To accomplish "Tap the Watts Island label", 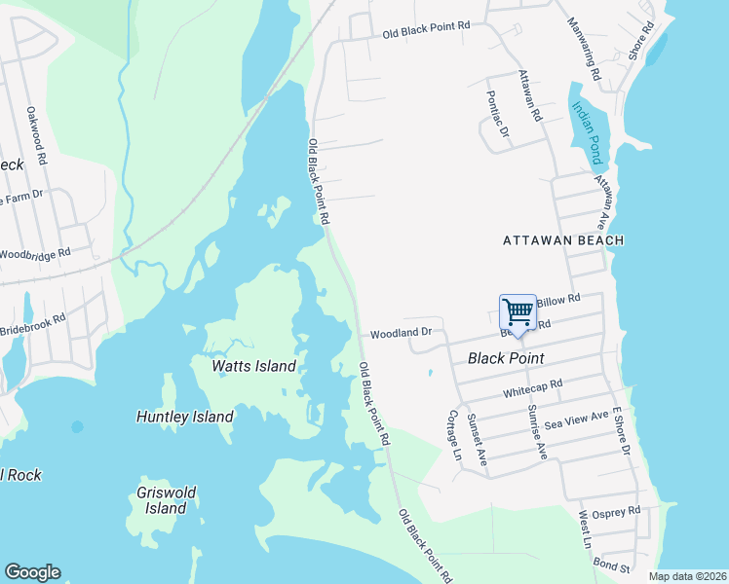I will [253, 366].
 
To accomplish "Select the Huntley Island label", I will [184, 417].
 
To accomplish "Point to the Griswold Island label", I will [162, 500].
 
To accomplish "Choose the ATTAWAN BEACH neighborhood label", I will [563, 239].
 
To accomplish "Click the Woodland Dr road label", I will [401, 334].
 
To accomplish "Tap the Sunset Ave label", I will [477, 438].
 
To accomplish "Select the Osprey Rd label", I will [621, 510].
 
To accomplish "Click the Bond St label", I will [611, 566].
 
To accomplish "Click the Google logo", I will [32, 572].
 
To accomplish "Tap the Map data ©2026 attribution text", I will [686, 576].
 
